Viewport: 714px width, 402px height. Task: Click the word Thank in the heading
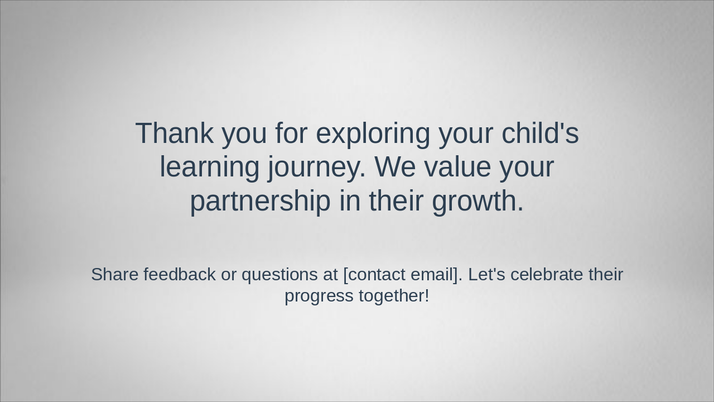point(174,133)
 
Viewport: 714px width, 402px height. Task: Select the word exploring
point(373,134)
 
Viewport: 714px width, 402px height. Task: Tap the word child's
point(540,133)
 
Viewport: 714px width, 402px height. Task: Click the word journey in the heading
point(316,167)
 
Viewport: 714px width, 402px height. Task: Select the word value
point(457,167)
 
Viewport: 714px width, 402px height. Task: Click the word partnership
point(260,202)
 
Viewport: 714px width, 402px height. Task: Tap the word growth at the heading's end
point(477,202)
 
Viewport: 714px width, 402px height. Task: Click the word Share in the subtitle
point(115,274)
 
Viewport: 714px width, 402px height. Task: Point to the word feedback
point(179,274)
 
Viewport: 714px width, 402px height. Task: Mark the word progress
point(319,296)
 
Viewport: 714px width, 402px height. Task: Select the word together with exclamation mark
point(394,295)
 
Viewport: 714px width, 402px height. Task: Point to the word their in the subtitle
point(606,274)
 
